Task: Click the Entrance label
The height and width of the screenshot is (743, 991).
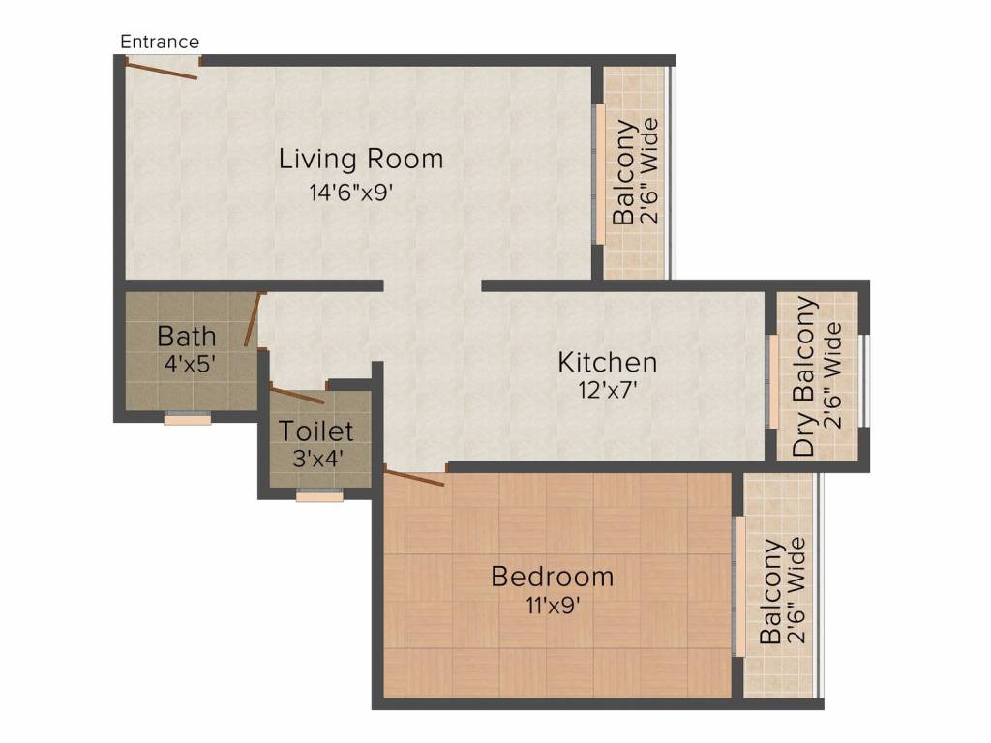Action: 160,42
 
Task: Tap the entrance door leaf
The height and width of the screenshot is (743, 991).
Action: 162,70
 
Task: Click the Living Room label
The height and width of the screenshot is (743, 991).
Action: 361,159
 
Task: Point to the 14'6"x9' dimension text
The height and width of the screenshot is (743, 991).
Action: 351,193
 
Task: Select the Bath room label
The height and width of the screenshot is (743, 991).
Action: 187,336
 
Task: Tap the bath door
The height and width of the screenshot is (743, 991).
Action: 253,319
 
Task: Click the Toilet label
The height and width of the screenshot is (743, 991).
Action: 316,431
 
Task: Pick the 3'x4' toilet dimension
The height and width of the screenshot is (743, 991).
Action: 317,459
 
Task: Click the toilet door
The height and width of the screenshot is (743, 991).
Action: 297,396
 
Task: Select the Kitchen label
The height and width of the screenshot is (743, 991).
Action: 608,363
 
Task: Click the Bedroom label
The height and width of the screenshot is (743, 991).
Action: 553,577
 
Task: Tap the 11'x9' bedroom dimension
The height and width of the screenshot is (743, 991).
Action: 553,606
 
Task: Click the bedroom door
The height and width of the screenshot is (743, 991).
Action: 414,478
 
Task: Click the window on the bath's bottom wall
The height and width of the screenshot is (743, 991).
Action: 188,418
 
